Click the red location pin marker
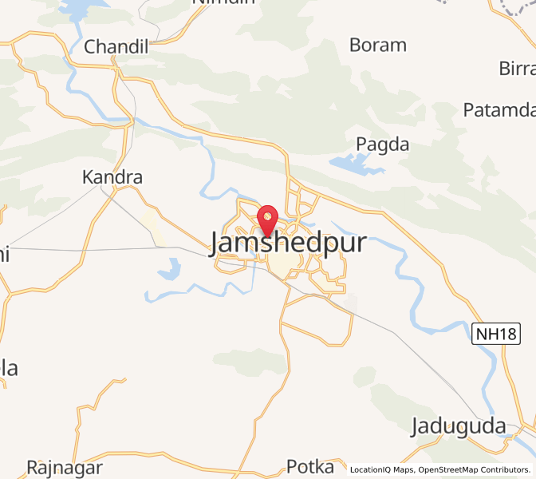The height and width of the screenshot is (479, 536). (265, 218)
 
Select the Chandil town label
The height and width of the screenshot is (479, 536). (116, 47)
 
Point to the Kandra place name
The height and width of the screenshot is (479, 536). (112, 177)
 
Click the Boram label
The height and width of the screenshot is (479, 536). (377, 45)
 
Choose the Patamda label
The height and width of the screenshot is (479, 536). (499, 109)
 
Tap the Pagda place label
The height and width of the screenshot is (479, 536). (383, 144)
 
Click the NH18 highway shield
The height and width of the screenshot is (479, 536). (495, 335)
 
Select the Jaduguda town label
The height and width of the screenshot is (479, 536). (458, 426)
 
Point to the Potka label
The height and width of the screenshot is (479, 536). (310, 466)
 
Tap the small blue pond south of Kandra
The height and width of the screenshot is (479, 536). (170, 269)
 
